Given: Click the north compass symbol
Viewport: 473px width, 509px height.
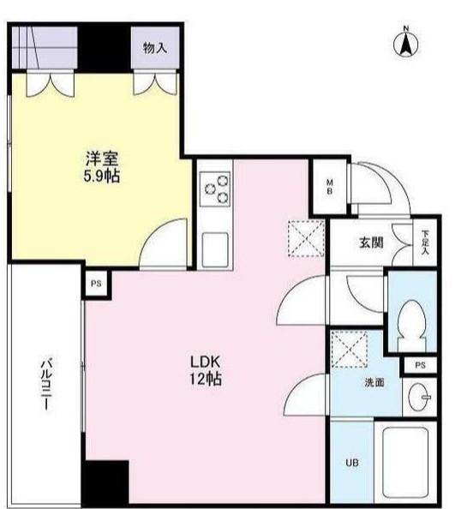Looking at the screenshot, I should point(407,43).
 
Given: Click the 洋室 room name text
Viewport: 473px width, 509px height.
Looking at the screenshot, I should point(101,159).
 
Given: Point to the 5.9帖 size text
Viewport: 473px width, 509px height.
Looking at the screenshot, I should point(101,177).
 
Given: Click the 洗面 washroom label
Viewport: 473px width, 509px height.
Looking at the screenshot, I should point(372,383).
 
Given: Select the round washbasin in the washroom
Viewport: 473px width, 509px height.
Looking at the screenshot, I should point(420,396).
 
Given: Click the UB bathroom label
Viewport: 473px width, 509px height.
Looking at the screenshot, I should point(352,464).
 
